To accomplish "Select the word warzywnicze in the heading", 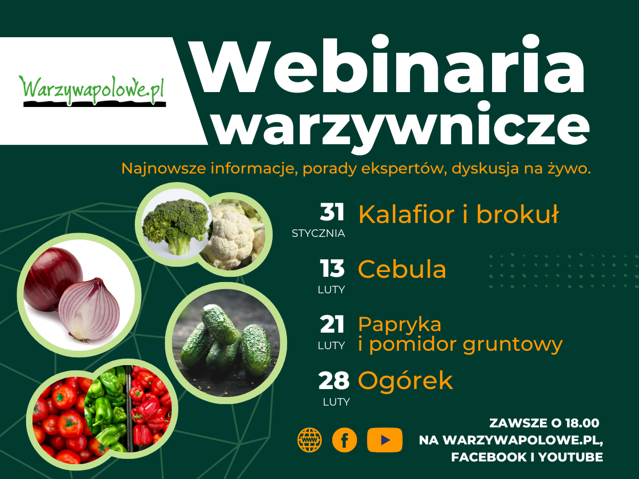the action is coord(402,127).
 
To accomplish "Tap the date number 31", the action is coord(332,212).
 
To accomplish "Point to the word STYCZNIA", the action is coord(318,233).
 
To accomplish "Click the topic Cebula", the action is coord(402,269).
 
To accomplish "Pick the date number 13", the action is coord(332,268).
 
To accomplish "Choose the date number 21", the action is coord(332,324).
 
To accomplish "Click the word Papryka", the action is coord(400,325).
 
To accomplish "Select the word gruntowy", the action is coord(513,345).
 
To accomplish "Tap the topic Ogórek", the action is coord(405,380).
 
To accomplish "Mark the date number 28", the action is coord(334,380).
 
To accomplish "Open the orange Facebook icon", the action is coord(345,440).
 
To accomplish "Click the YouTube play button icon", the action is coord(384,440).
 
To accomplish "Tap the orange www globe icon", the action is coord(310,440).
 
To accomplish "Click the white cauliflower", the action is coord(232,238).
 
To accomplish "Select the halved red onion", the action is coord(89,310).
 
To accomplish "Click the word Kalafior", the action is coord(406,214).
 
